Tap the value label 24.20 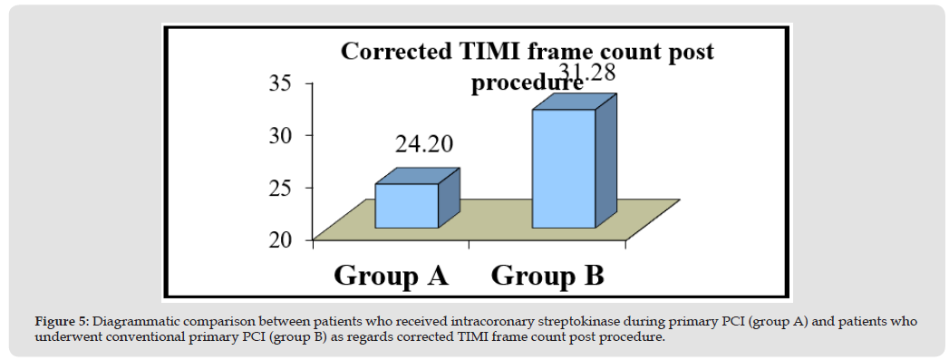coord(424,144)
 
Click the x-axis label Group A coord(391,276)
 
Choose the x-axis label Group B coord(547,276)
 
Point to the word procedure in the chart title coord(528,83)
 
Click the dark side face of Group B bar coord(605,161)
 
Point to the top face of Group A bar coord(418,176)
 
